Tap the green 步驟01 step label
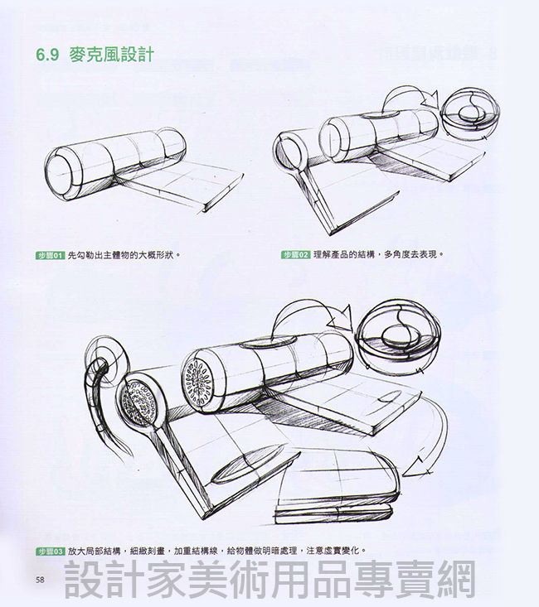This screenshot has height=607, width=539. pos(51,255)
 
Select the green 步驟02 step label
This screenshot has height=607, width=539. pos(295,255)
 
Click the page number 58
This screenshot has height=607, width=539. pos(40,579)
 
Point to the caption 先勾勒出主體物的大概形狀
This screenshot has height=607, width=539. pos(124,255)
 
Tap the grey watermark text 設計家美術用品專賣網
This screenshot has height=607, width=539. pos(269,580)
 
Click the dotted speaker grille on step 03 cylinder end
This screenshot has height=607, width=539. pos(197,381)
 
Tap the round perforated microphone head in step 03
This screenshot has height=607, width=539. pos(138,403)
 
